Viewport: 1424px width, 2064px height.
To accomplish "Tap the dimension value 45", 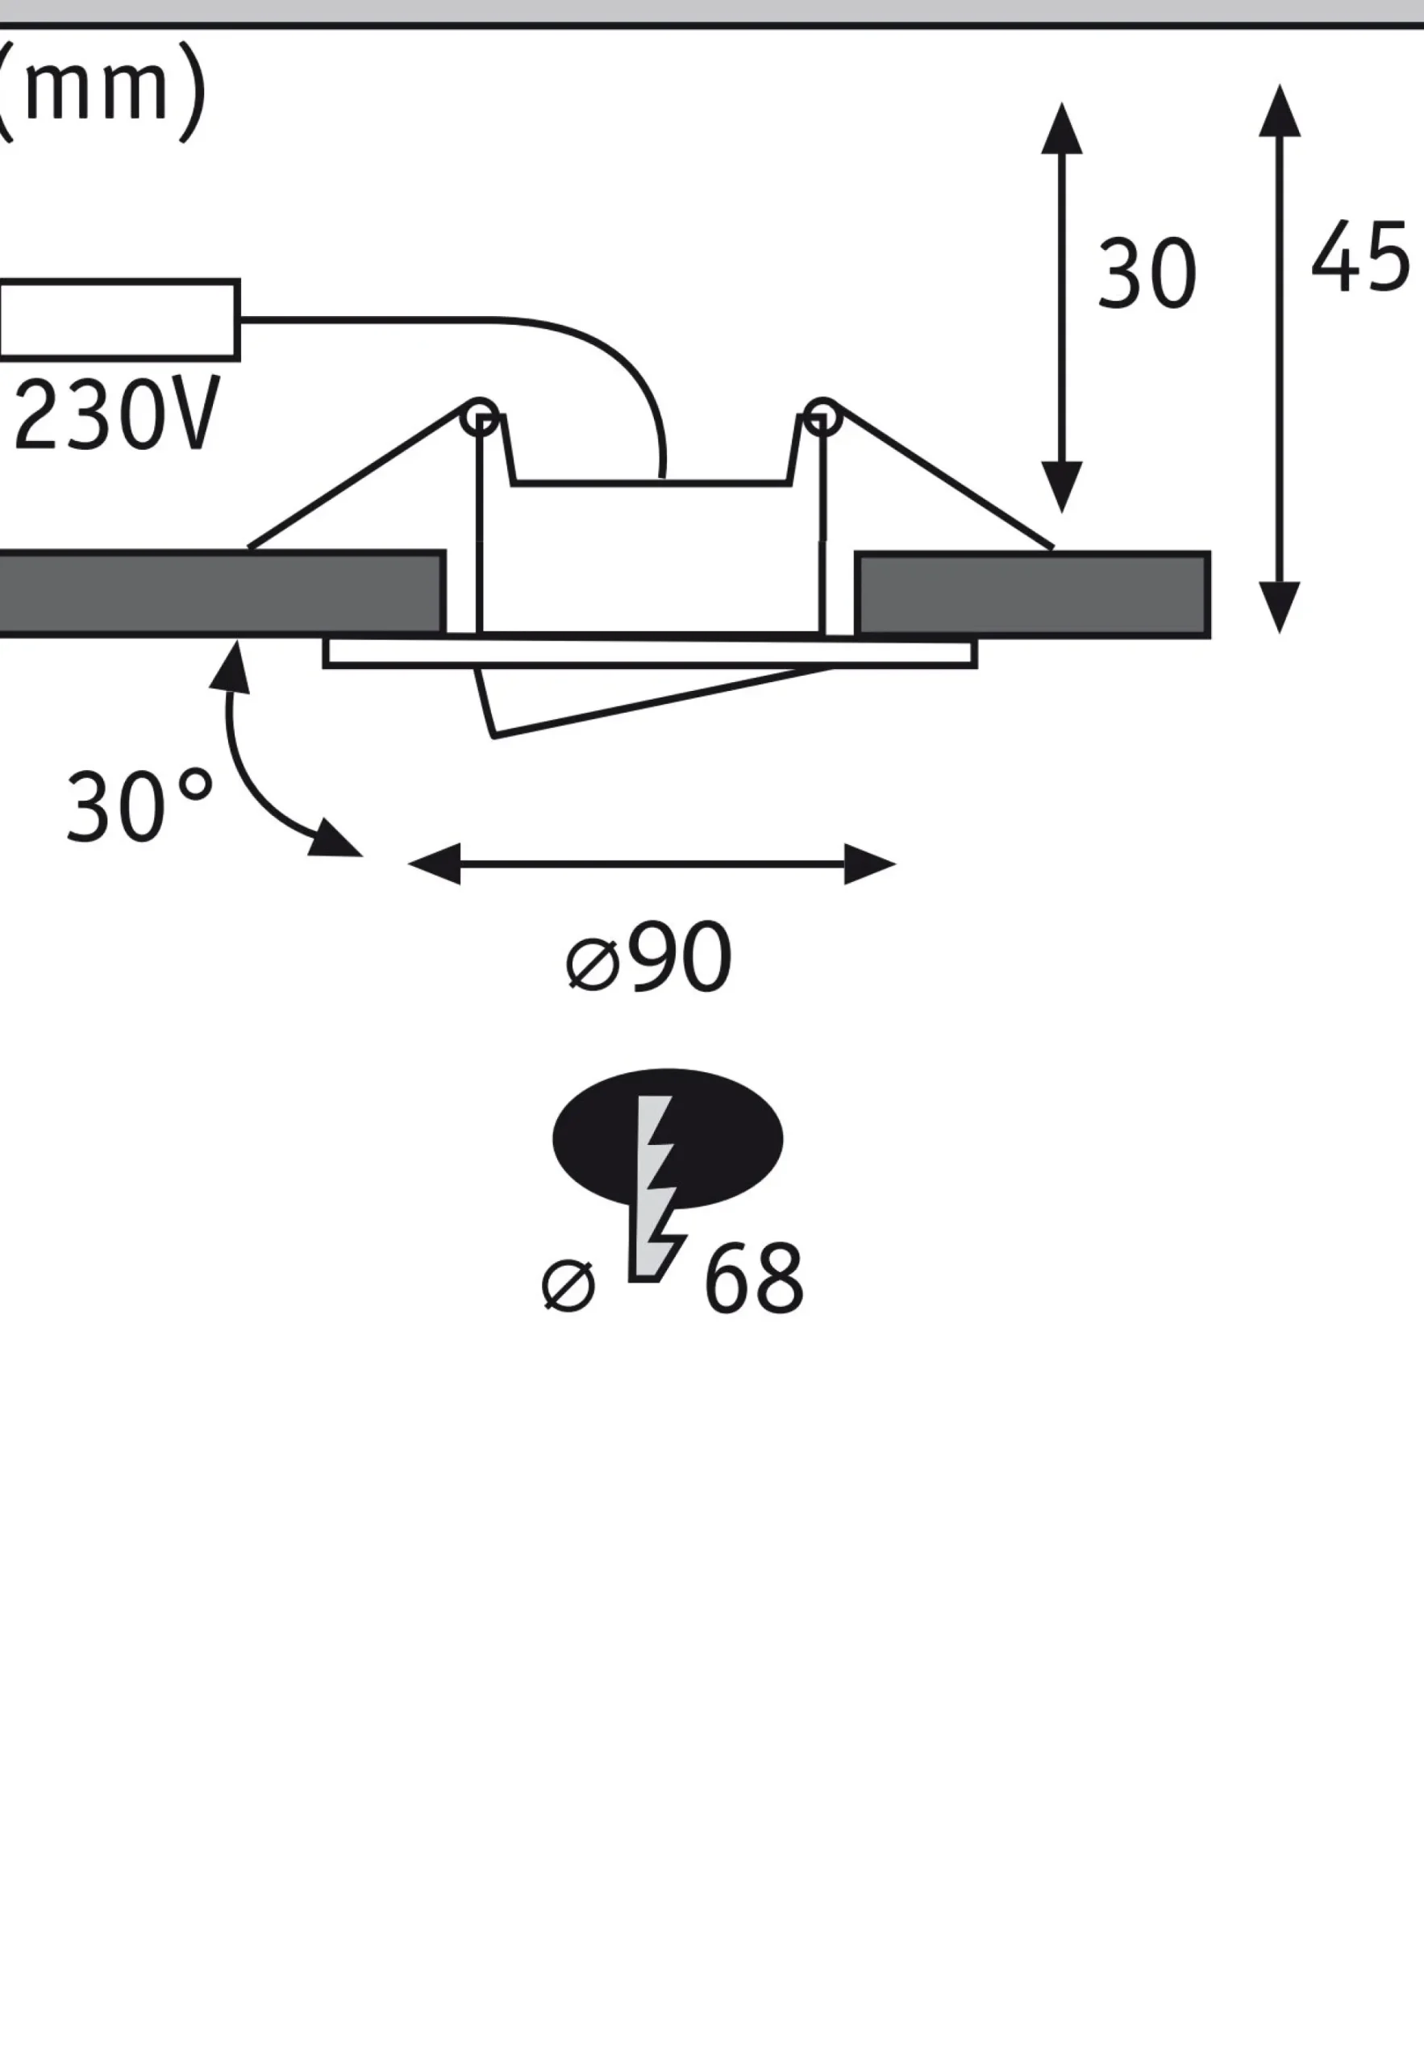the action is pos(1359,258).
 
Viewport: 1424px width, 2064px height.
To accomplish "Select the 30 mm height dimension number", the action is pos(1147,274).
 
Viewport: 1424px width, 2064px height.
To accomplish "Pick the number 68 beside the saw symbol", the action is pos(754,1277).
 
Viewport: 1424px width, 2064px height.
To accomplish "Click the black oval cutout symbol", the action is pos(668,1138).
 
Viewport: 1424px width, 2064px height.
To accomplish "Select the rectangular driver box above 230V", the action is pos(119,319).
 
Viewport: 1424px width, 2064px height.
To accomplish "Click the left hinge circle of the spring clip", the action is pos(480,417).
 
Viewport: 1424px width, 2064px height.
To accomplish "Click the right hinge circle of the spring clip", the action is pos(821,417).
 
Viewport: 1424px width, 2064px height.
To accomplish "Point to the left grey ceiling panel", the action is pos(221,593).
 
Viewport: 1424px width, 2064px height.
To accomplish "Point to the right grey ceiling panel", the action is pos(1032,594).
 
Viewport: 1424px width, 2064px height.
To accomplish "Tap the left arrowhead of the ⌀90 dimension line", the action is pos(434,863).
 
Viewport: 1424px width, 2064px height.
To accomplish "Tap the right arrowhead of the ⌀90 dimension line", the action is pos(870,863).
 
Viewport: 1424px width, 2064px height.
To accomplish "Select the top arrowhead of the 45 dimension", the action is pos(1280,110).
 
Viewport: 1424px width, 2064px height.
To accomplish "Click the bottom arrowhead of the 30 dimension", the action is pos(1062,487).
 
